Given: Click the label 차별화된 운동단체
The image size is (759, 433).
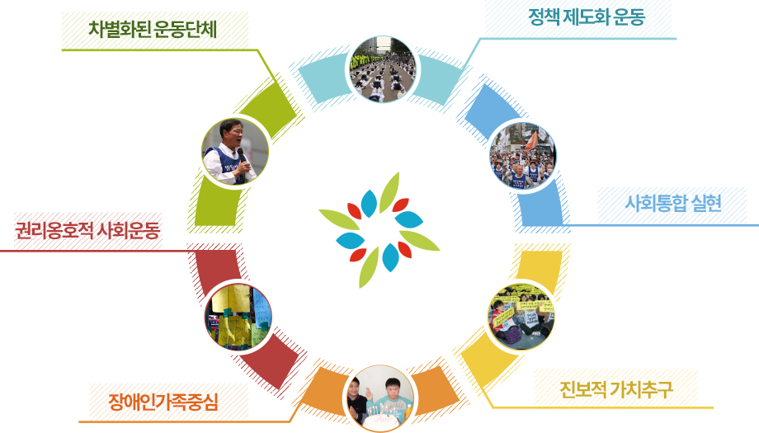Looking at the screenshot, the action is click(153, 29).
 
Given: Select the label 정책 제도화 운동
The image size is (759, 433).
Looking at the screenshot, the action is click(587, 17).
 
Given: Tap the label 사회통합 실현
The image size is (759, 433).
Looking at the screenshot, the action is click(673, 203).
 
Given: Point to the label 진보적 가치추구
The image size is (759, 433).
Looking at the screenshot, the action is click(615, 389).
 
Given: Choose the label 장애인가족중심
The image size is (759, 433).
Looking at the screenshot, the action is click(163, 402).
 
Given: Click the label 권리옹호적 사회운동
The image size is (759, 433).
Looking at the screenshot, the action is click(87, 230).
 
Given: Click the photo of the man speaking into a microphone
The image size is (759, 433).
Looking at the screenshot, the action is click(235, 152).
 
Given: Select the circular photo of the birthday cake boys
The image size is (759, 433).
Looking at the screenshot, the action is click(381, 398).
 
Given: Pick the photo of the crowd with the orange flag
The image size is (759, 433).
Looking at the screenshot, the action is click(523, 156).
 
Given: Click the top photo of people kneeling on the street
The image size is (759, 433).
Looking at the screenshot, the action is click(384, 69).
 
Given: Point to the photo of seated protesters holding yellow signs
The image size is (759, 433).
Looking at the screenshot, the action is click(521, 317).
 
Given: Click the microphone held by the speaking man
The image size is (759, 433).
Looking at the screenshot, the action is click(241, 156).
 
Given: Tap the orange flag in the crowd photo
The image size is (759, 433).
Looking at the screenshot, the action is click(531, 141).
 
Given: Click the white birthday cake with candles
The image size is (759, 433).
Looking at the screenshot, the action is click(382, 420).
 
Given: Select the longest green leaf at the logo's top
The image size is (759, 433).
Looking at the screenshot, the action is click(389, 192).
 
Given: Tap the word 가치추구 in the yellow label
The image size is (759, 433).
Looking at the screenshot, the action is click(641, 389).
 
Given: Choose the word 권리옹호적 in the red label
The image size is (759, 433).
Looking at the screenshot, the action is click(54, 230).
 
